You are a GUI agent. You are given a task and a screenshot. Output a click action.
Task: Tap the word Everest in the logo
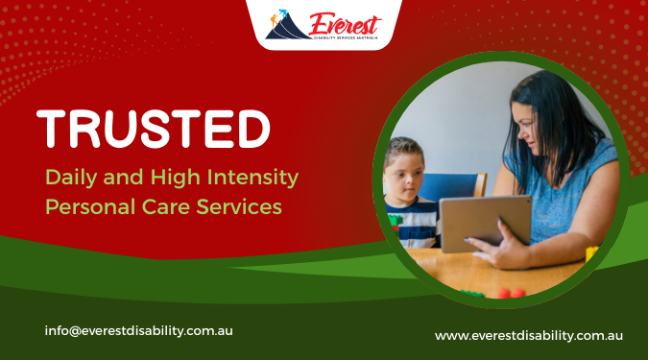click(345, 22)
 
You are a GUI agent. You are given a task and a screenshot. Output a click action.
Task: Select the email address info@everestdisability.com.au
click(138, 330)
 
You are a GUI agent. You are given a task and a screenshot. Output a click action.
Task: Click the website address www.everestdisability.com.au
click(529, 335)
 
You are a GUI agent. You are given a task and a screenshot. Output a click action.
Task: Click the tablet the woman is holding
click(484, 224)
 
